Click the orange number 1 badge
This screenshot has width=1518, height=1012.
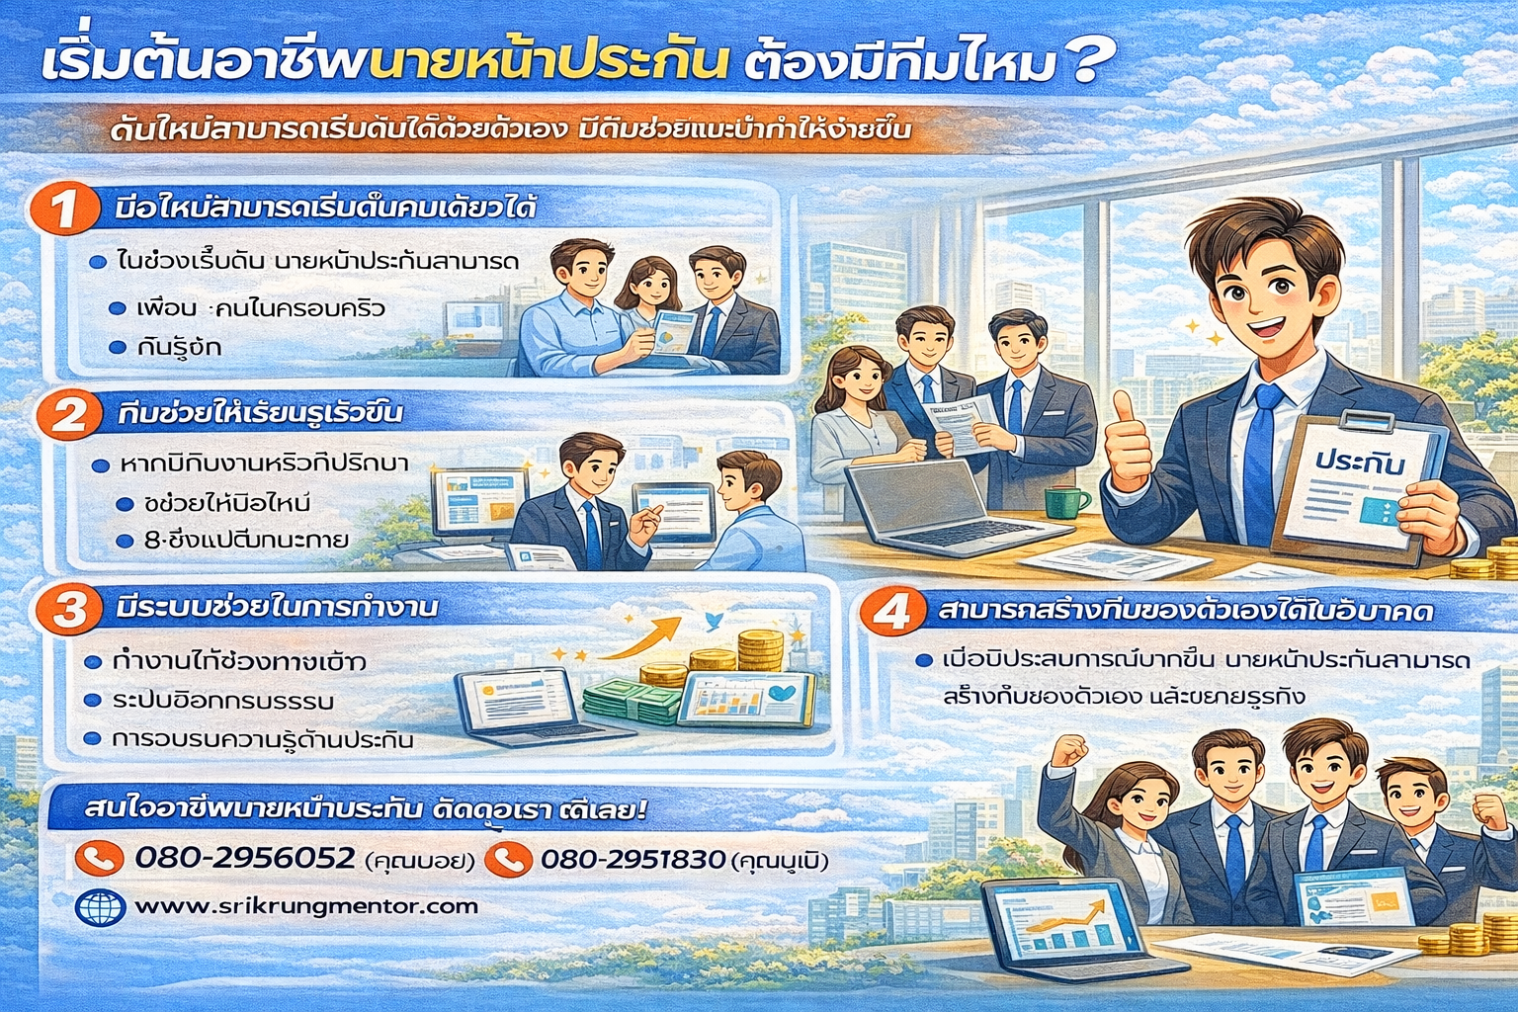(64, 210)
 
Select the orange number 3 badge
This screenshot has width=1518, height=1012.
(69, 608)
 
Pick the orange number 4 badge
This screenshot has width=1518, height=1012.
(891, 612)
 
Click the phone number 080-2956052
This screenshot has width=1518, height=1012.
(244, 857)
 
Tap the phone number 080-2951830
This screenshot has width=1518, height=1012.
(632, 859)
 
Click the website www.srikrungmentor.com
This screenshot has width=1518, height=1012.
(306, 905)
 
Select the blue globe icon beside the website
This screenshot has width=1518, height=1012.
(100, 906)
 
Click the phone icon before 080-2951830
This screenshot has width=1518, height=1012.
(508, 859)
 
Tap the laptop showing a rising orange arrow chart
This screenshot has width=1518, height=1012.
(1067, 929)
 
